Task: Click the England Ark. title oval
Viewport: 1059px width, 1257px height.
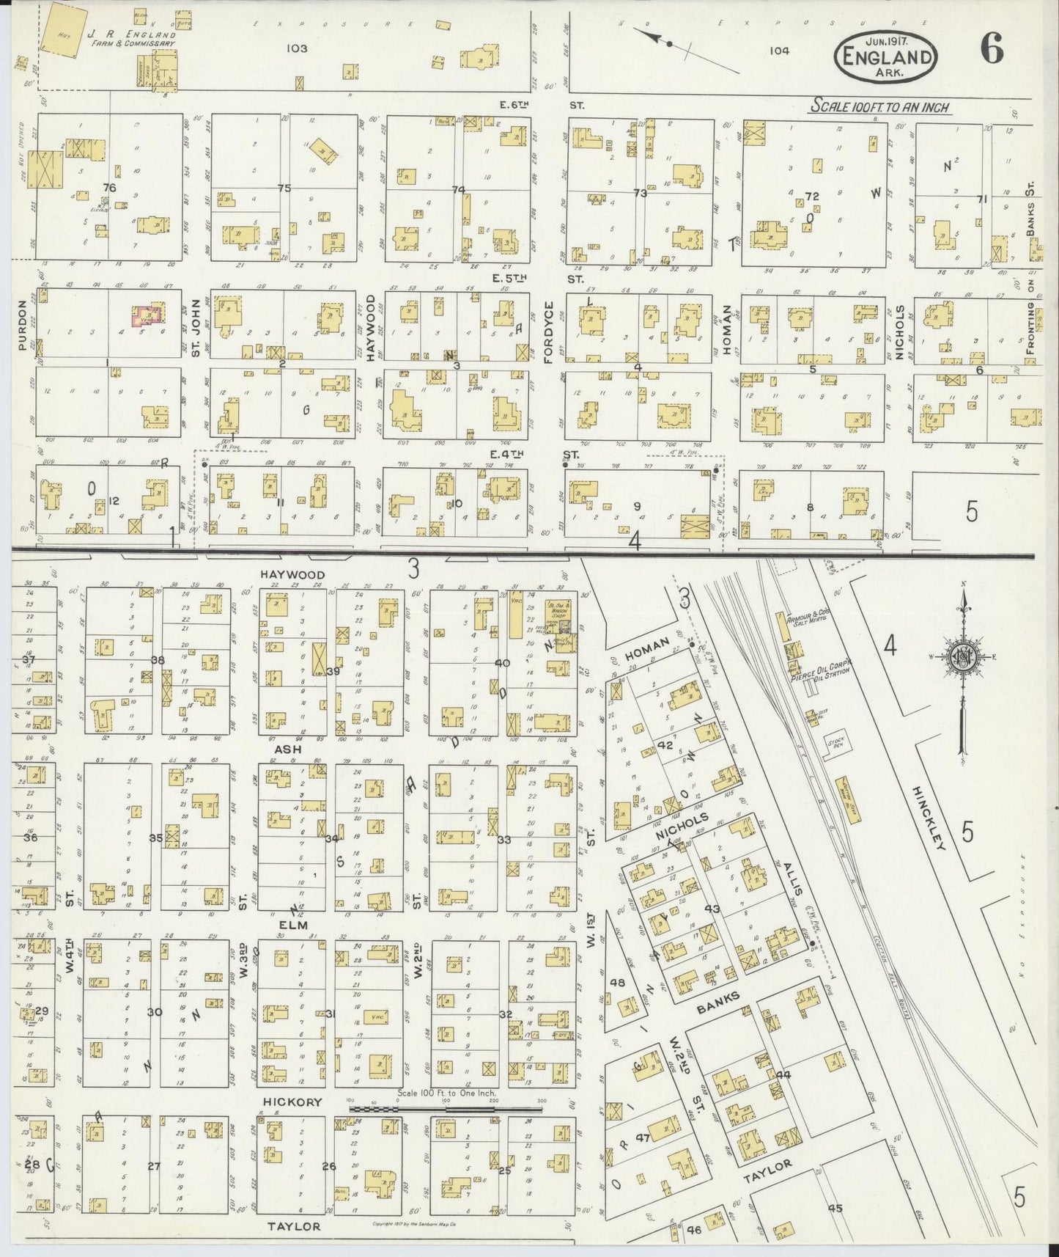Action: [888, 56]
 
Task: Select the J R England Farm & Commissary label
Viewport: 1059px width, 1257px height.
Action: [130, 38]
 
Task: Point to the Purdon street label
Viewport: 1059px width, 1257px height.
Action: [22, 323]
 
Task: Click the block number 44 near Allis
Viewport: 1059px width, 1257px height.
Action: [783, 1074]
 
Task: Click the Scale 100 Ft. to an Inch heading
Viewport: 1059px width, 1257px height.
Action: [879, 108]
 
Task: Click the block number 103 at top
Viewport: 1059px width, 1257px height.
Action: [297, 48]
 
